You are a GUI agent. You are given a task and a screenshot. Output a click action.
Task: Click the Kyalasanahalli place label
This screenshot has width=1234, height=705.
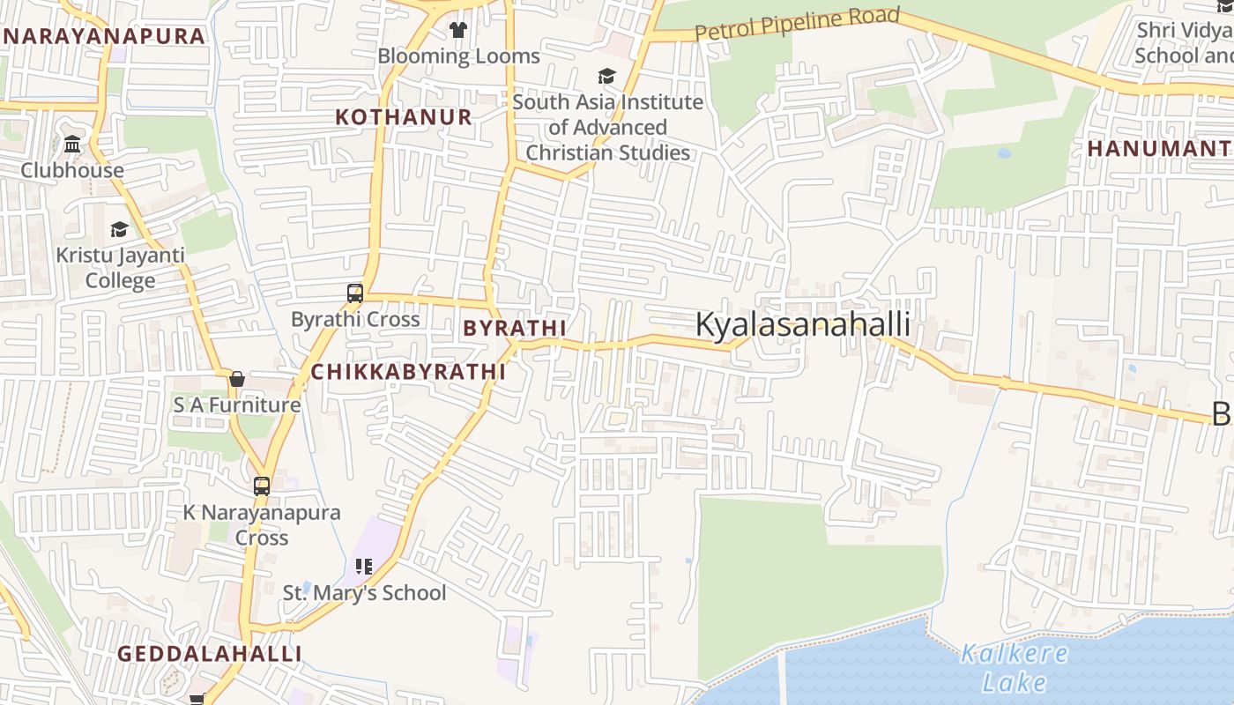(x=802, y=324)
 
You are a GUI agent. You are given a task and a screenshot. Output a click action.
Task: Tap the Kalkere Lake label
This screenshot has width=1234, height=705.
(x=1014, y=667)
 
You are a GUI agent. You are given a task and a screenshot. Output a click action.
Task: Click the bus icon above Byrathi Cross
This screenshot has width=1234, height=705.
(x=355, y=293)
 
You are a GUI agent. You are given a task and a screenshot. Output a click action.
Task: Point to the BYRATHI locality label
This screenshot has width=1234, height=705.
(x=515, y=328)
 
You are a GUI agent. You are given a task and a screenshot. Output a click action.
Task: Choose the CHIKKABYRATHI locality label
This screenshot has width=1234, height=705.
(x=408, y=372)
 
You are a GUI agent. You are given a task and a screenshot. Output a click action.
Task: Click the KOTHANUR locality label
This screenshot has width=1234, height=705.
(x=404, y=117)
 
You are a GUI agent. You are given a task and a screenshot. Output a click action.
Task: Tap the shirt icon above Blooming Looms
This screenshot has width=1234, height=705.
(x=457, y=30)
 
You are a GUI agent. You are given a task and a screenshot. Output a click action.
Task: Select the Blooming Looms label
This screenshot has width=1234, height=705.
(x=458, y=56)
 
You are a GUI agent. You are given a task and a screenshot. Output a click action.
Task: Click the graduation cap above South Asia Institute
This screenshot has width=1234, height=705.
(x=606, y=76)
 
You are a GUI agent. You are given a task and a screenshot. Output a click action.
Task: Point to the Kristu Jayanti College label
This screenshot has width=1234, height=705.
(x=120, y=268)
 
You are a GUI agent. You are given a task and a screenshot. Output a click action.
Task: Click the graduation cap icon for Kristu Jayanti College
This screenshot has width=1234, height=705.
(x=119, y=230)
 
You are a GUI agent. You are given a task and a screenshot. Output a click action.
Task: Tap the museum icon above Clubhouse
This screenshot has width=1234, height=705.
(x=72, y=144)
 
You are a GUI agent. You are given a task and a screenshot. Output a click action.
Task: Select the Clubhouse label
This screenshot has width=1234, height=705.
(x=72, y=170)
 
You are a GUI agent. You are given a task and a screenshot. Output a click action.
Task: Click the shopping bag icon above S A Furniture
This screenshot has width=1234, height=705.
(x=236, y=380)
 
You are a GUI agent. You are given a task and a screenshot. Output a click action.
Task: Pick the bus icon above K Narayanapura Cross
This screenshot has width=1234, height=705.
(x=262, y=486)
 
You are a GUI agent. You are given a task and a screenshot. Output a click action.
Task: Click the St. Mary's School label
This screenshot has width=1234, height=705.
(x=364, y=593)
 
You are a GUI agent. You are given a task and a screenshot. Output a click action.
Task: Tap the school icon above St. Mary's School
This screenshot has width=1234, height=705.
(x=364, y=566)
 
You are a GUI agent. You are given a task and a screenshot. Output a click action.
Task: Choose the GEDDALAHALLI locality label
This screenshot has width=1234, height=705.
(x=209, y=654)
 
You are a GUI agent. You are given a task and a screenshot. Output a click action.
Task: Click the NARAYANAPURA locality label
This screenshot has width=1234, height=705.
(x=104, y=36)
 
